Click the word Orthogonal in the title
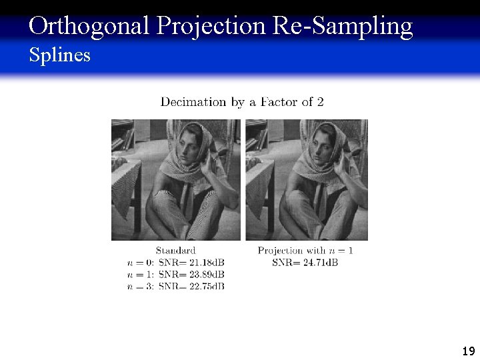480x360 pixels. click(90, 26)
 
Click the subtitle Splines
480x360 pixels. click(59, 55)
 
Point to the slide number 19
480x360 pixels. click(468, 351)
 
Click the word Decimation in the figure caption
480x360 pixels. click(193, 102)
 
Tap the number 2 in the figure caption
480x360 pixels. click(321, 102)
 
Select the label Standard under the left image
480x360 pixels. click(175, 251)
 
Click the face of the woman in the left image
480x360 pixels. click(191, 147)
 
